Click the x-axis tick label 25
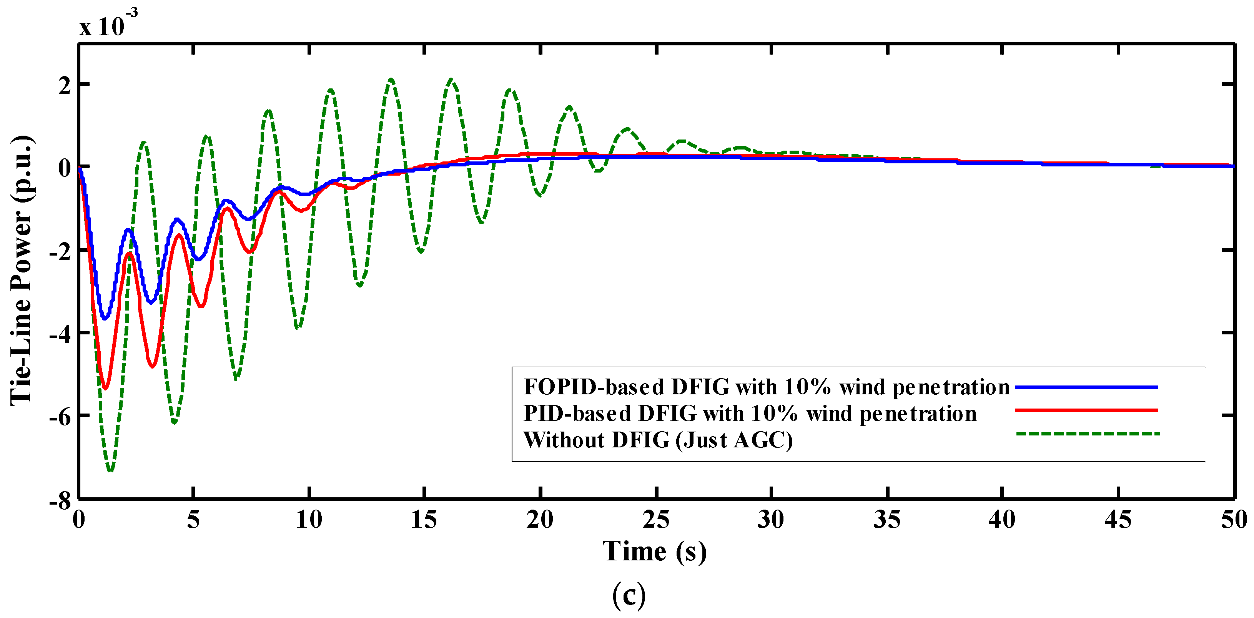coord(656,520)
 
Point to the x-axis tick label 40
coord(1002,520)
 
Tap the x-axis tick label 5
coord(193,520)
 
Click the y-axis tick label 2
coord(65,86)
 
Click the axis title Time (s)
coord(654,552)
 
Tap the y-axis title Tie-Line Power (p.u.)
coord(22,271)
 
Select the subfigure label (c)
coord(629,595)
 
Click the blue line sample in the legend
coord(1086,387)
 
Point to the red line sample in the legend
coord(1086,410)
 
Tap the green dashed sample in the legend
coord(1088,433)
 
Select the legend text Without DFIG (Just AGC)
coord(658,440)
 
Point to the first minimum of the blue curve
coord(104,319)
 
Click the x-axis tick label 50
coord(1234,520)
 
